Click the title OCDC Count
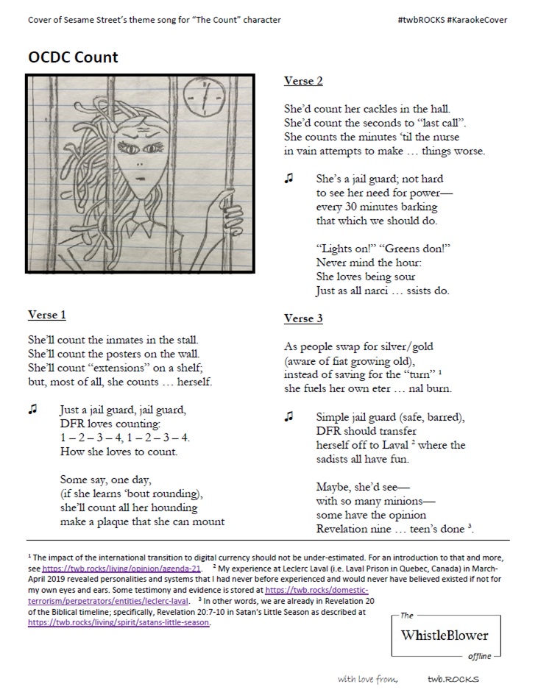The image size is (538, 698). [x=73, y=57]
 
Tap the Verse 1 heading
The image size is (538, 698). [x=47, y=316]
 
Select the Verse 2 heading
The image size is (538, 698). [x=303, y=81]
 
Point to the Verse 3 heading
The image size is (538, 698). [x=303, y=318]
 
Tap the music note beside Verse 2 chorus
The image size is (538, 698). [x=289, y=179]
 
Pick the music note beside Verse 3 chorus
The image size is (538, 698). [x=289, y=417]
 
